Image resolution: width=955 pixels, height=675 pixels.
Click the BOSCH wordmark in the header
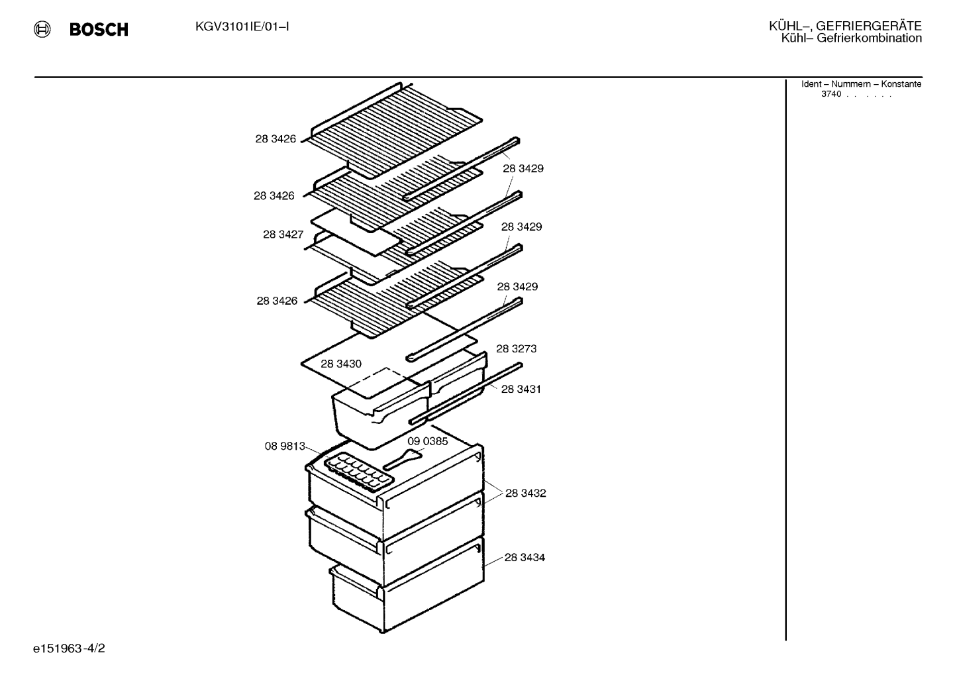coord(99,29)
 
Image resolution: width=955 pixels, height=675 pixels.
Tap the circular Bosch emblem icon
coord(42,29)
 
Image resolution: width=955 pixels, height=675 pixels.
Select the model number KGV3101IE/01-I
coord(242,27)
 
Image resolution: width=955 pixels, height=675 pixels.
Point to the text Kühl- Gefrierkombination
coord(852,38)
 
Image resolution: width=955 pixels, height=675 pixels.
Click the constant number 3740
coord(831,94)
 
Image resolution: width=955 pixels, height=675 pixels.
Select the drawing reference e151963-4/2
coord(69,649)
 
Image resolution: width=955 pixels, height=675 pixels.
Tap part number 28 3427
coord(283,234)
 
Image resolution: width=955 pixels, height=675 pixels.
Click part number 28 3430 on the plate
coord(341,364)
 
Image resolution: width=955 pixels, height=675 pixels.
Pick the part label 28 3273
coord(517,349)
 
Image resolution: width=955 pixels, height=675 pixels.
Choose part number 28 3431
coord(521,389)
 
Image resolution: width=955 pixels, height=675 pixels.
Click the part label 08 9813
coord(285,446)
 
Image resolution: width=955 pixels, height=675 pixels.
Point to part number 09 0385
coord(428,441)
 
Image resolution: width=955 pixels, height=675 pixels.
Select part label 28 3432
coord(526,493)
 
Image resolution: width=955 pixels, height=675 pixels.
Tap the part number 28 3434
coord(525,557)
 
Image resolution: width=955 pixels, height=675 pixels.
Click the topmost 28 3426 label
coord(276,139)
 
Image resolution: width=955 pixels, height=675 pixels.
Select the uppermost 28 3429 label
coord(523,169)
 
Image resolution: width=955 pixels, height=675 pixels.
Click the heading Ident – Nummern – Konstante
coord(861,84)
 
